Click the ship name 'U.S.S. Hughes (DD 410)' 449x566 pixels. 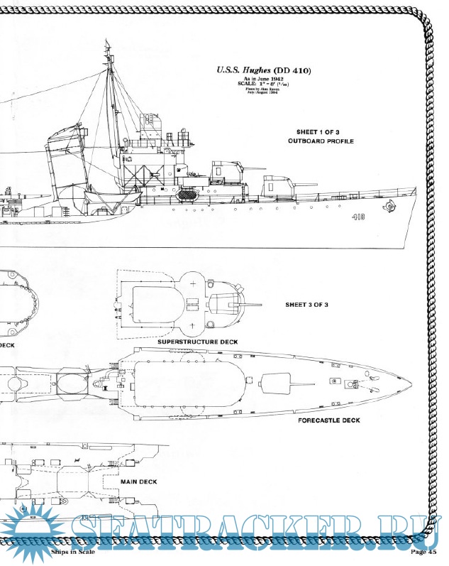click(x=263, y=70)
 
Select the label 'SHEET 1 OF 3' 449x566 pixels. click(x=321, y=132)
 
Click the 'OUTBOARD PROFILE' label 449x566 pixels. click(x=321, y=141)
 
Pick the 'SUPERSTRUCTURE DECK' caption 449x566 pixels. click(x=197, y=342)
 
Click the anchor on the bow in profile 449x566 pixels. click(x=388, y=208)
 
